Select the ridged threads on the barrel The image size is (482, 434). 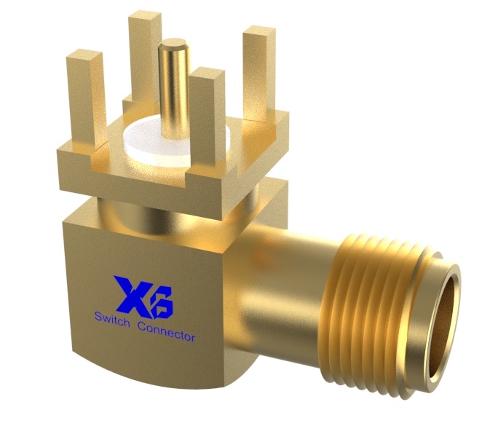tap(364, 291)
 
